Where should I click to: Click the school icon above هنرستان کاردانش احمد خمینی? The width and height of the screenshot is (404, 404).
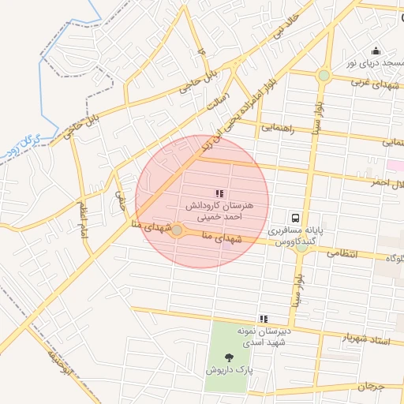click(219, 193)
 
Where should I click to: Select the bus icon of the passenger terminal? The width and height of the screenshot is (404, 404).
click(295, 218)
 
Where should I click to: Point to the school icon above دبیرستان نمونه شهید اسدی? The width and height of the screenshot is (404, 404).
click(264, 318)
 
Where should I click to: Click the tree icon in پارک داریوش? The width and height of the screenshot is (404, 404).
click(229, 357)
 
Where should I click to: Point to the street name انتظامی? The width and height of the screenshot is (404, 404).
click(342, 254)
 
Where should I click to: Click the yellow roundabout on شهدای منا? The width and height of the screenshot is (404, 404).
click(177, 230)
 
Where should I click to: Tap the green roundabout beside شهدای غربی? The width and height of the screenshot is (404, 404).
click(324, 76)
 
